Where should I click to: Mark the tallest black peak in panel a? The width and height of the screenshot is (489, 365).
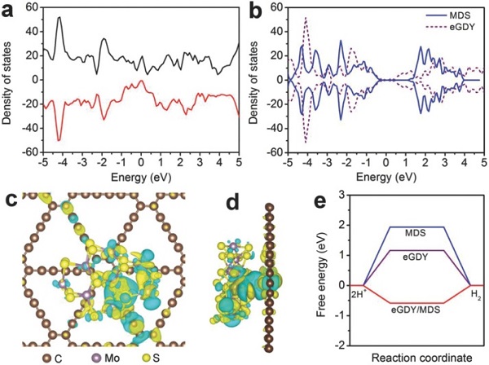[59, 18]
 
